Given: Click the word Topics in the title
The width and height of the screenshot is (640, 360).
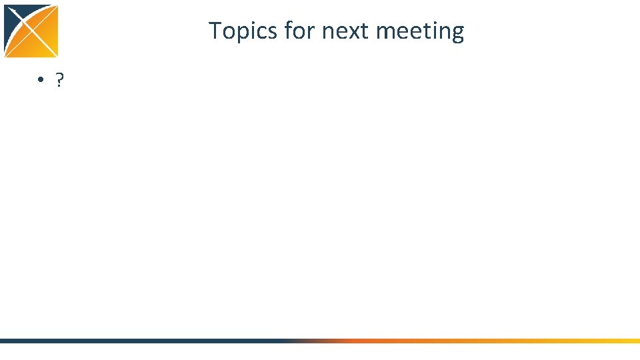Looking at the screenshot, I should pyautogui.click(x=243, y=31).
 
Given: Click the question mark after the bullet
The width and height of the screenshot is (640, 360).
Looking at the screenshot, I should pyautogui.click(x=59, y=81).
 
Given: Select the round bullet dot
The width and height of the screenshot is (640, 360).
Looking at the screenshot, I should pyautogui.click(x=41, y=81).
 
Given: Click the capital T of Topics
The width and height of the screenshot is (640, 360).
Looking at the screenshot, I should pyautogui.click(x=215, y=31).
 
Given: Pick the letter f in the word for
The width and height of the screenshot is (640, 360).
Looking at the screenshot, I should pyautogui.click(x=287, y=31).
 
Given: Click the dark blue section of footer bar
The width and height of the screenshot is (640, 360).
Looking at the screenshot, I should pyautogui.click(x=133, y=341).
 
